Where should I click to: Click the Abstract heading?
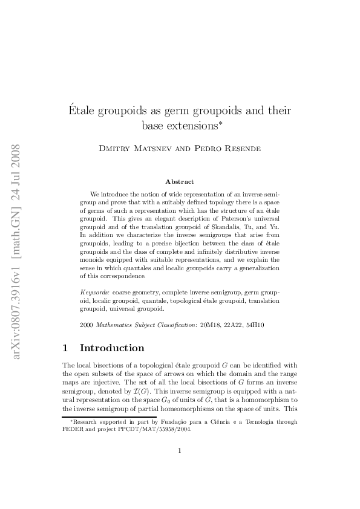180,181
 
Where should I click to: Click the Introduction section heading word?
112,348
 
